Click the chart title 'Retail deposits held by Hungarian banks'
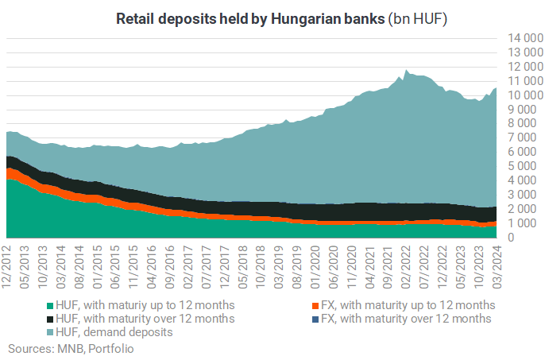(x=250, y=19)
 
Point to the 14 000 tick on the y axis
(x=525, y=38)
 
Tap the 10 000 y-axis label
(x=525, y=95)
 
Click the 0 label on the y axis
(x=511, y=237)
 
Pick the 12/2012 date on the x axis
(x=6, y=267)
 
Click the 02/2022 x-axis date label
(x=406, y=267)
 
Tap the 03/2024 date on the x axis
(x=497, y=267)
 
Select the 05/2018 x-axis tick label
(x=242, y=267)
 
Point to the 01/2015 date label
(x=97, y=267)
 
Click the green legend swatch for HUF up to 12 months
(x=50, y=306)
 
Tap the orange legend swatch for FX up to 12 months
(x=315, y=306)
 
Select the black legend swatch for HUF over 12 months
(x=50, y=319)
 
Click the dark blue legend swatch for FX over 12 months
(x=315, y=319)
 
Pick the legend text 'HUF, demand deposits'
(x=114, y=332)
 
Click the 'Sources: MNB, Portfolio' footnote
(x=71, y=349)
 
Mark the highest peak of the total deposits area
(x=406, y=70)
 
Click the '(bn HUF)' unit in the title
(x=417, y=19)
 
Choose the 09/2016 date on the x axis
(x=170, y=267)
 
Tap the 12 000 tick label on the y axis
(x=525, y=67)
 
